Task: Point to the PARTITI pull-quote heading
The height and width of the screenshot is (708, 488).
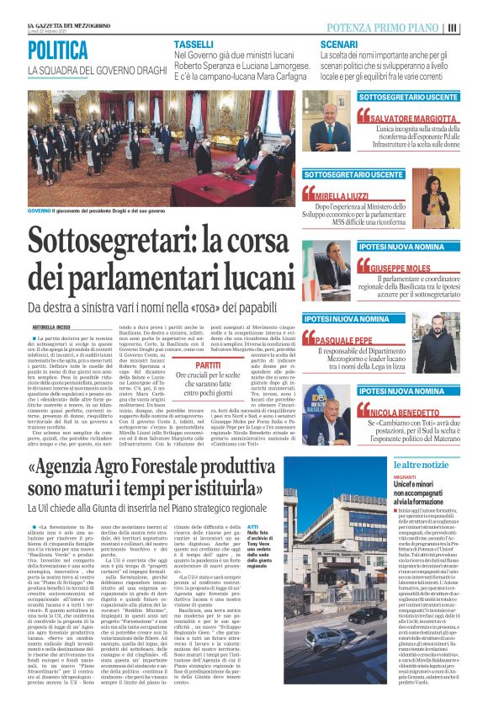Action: (x=209, y=365)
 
